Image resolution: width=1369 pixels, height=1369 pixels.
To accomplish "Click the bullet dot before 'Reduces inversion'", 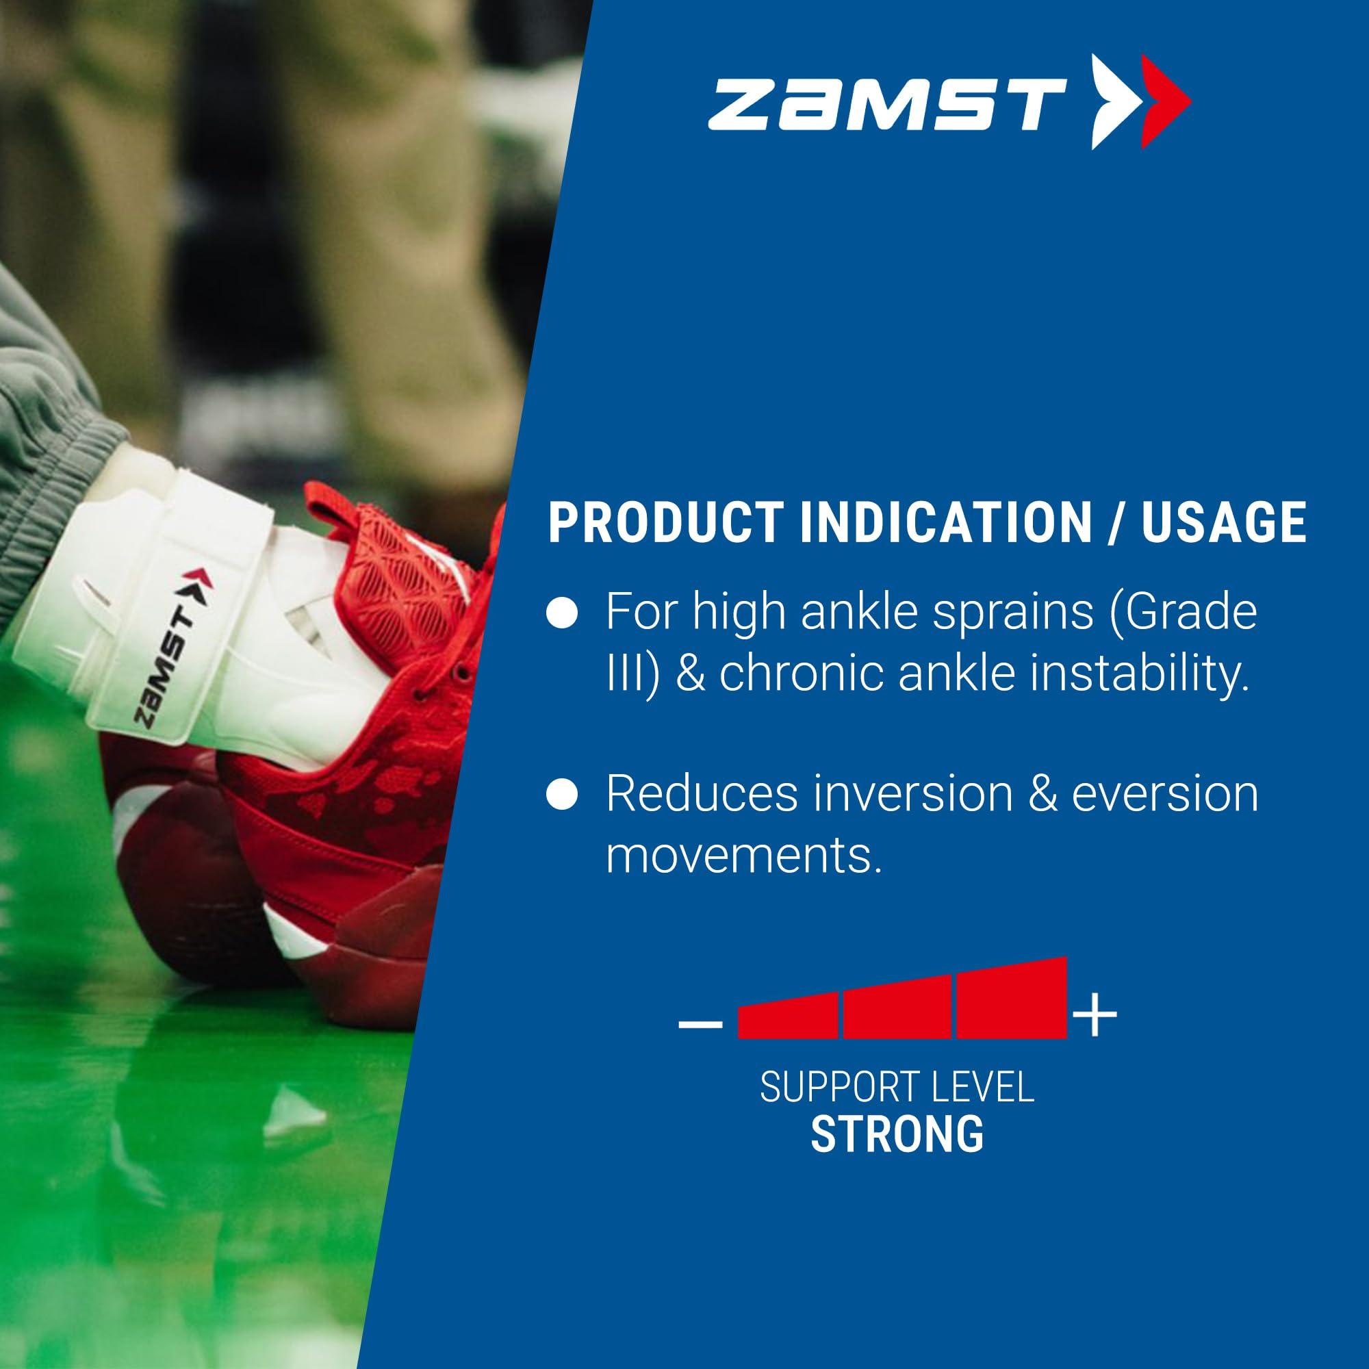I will point(563,795).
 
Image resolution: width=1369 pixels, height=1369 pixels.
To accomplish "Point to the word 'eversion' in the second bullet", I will point(1166,794).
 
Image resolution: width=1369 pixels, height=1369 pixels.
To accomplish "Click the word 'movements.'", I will point(744,856).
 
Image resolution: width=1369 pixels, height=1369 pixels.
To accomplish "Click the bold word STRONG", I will point(897,1134).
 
